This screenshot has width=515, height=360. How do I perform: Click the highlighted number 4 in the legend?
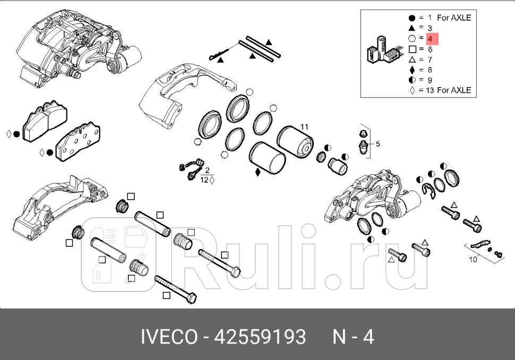pos(430,39)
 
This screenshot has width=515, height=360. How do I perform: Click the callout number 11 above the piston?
pos(304,127)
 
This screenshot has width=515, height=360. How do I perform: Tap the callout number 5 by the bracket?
pos(378,143)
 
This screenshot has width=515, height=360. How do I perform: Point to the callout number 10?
pos(473,260)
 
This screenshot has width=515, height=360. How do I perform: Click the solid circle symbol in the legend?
pos(412,18)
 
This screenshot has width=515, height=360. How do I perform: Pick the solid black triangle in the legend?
pos(412,28)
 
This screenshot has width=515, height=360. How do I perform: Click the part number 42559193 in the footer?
pos(260,337)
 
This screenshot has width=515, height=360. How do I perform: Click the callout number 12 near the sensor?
pos(204,181)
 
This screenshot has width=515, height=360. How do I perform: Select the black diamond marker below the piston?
pos(258,172)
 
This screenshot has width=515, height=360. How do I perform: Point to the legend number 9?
pos(430,80)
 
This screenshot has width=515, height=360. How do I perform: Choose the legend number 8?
pos(430,70)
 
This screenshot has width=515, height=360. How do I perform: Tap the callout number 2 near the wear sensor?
pos(207,170)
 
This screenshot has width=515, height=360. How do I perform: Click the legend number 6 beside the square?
pos(430,49)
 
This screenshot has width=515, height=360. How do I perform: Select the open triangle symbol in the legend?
pos(412,59)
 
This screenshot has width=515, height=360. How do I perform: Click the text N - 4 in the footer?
pos(353,337)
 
